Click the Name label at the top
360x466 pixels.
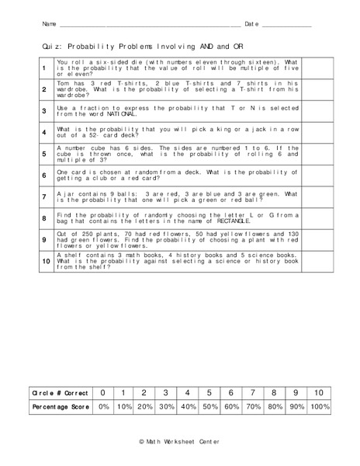[x=49, y=24]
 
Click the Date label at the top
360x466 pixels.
[x=251, y=24]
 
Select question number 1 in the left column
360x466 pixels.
[x=44, y=68]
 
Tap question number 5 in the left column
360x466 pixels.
[x=44, y=155]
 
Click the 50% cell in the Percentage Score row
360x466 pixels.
[x=209, y=407]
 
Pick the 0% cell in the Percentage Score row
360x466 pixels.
[x=103, y=407]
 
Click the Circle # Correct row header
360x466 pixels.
[x=61, y=392]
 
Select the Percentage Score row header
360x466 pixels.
[x=61, y=407]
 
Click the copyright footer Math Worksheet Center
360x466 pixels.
[x=179, y=441]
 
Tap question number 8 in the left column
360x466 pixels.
[x=44, y=218]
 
